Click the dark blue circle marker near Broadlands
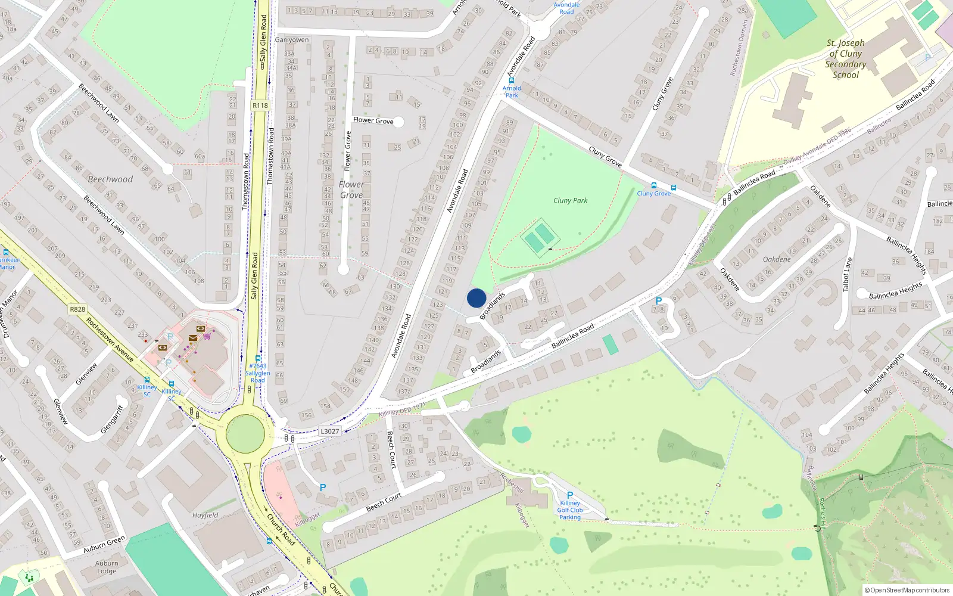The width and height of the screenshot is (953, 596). click(476, 298)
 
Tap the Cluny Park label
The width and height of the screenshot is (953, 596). click(570, 200)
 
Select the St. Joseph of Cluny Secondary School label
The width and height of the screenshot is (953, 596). click(845, 59)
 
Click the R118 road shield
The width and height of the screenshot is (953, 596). click(260, 105)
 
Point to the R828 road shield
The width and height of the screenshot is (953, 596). click(77, 309)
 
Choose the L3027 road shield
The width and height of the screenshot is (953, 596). click(329, 432)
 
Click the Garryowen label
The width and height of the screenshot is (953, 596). click(292, 40)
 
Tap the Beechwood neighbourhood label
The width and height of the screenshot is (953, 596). click(110, 179)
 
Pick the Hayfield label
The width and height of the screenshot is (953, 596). click(205, 515)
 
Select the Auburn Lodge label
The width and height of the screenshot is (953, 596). click(107, 567)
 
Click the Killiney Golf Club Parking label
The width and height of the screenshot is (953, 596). click(570, 510)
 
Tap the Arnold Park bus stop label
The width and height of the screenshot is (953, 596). click(512, 92)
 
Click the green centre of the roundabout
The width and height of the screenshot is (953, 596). click(245, 433)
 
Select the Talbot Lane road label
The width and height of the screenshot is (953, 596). click(848, 274)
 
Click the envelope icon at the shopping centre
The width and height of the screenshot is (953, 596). click(193, 338)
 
